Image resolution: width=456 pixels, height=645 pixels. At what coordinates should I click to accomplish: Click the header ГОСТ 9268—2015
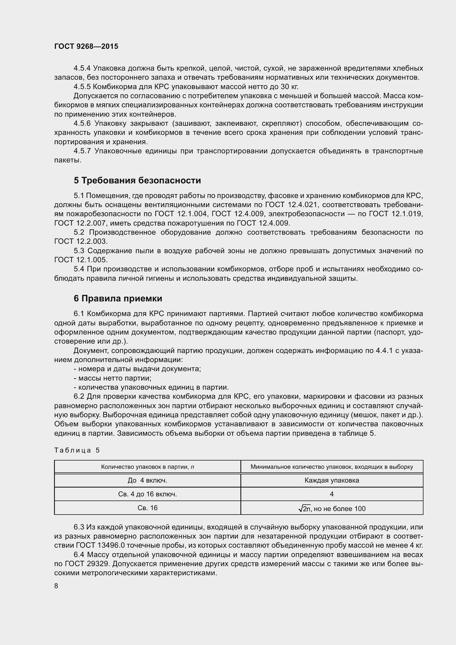(86, 46)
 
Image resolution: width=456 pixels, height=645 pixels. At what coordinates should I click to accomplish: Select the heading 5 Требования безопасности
(137, 180)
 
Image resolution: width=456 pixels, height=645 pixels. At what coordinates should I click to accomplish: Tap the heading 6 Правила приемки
(118, 298)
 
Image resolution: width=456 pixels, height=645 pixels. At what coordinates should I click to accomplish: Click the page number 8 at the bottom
(56, 586)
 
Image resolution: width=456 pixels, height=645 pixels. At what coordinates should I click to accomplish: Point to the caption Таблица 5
(77, 450)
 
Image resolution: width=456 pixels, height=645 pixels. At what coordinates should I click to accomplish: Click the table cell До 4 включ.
(147, 480)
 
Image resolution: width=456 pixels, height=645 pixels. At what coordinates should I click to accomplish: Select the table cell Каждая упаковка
(332, 480)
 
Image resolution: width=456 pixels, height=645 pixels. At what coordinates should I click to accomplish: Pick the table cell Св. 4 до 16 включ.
(147, 494)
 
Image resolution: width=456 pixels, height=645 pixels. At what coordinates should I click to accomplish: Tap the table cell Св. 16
(147, 508)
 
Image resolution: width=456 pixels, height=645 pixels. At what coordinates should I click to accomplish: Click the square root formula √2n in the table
(305, 508)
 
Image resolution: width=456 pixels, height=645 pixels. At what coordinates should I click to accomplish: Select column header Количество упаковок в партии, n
(147, 467)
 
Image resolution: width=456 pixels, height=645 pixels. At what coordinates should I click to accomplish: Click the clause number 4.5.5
(82, 87)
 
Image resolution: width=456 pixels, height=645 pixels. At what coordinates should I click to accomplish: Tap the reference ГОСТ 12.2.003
(81, 241)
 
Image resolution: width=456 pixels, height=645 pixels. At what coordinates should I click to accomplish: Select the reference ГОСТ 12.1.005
(81, 259)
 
